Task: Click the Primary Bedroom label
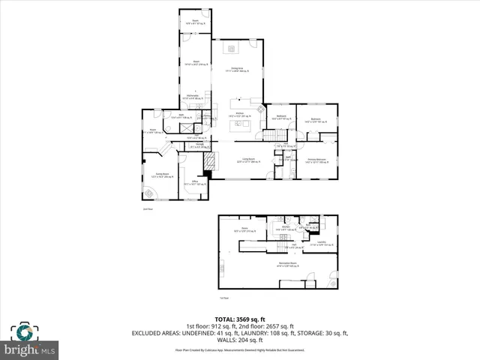tap(316, 161)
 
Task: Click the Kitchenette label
tap(195, 97)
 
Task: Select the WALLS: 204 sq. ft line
tap(240, 339)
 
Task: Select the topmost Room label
tap(195, 22)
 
